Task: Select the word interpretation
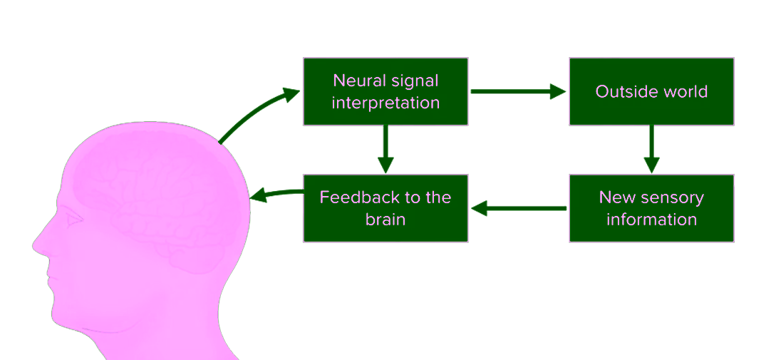[x=385, y=103]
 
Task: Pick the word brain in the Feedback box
[x=385, y=219]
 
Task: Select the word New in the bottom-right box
[x=616, y=197]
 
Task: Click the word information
[x=651, y=219]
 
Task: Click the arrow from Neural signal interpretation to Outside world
[x=518, y=91]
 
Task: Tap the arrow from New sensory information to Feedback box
[x=518, y=209]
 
